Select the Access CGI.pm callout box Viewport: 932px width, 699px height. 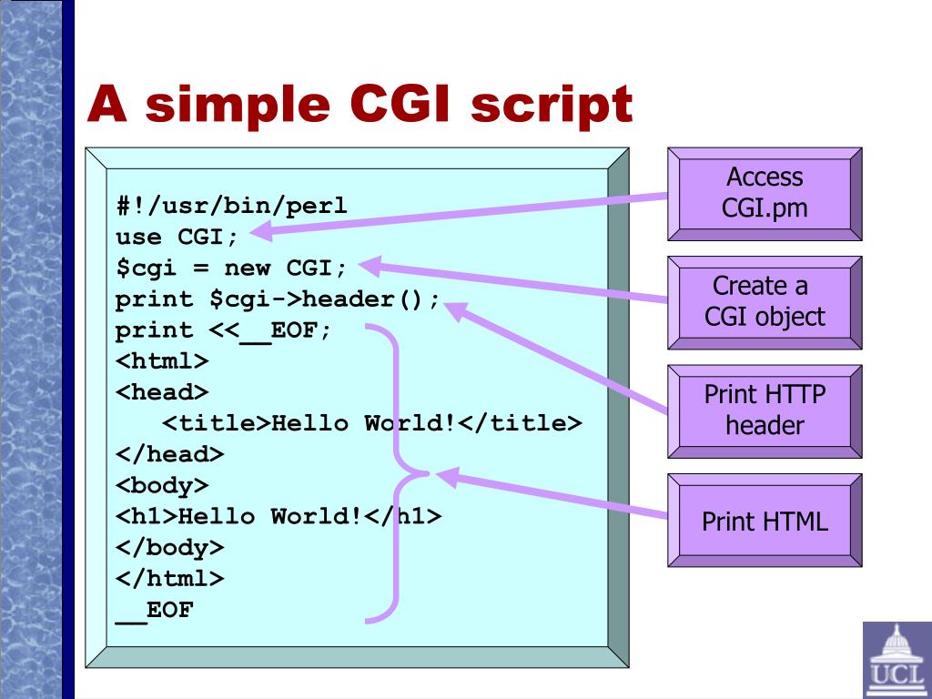pyautogui.click(x=765, y=193)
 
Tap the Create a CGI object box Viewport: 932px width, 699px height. pyautogui.click(x=765, y=301)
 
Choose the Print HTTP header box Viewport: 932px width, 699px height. pyautogui.click(x=765, y=410)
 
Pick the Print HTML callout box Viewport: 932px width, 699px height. pyautogui.click(x=765, y=521)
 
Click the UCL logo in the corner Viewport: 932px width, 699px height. pyautogui.click(x=897, y=659)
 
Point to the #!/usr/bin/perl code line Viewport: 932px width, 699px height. pyautogui.click(x=231, y=206)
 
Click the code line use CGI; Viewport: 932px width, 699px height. pyautogui.click(x=177, y=238)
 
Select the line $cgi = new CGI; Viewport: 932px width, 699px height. pyautogui.click(x=231, y=268)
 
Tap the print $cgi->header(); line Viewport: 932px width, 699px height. pyautogui.click(x=278, y=299)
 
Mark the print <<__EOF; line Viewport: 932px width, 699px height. pyautogui.click(x=224, y=330)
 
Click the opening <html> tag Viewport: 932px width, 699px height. pyautogui.click(x=162, y=361)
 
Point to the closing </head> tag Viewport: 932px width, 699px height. pyautogui.click(x=169, y=454)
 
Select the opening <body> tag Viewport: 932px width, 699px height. pyautogui.click(x=162, y=485)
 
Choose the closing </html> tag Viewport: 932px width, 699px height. pyautogui.click(x=169, y=578)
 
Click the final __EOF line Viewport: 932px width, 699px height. pyautogui.click(x=155, y=610)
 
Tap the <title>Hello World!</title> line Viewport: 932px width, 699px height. pyautogui.click(x=371, y=423)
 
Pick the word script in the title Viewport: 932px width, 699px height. pyautogui.click(x=551, y=105)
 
